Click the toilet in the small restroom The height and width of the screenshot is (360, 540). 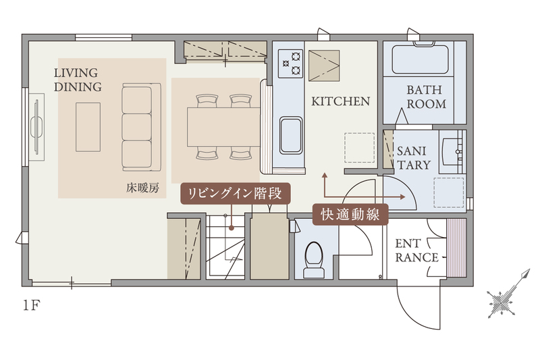coord(314,259)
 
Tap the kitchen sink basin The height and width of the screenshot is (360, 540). coord(291,135)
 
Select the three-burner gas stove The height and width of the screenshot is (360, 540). coord(290,63)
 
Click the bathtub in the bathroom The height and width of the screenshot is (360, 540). coord(420,59)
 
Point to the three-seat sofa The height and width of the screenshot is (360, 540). coord(142,127)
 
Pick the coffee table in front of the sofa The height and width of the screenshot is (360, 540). coord(88,127)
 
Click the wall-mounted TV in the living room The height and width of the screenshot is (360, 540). coord(37,126)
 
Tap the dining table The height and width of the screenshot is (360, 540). coord(223,126)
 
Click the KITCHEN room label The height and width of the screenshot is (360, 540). coord(341,101)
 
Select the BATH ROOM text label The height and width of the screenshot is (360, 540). coord(426,97)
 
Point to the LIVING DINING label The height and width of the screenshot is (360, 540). coord(78,80)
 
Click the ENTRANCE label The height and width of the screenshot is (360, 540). coord(416,251)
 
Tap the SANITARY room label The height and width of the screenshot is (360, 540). coord(413,158)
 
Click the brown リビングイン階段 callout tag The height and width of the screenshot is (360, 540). coord(235,193)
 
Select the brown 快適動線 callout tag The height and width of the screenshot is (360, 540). coord(350,214)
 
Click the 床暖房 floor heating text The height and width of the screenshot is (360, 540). coord(142,188)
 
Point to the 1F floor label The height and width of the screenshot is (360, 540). coord(31,305)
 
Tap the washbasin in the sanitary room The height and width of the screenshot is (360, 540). coord(452,151)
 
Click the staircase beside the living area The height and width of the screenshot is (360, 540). coord(225,247)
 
